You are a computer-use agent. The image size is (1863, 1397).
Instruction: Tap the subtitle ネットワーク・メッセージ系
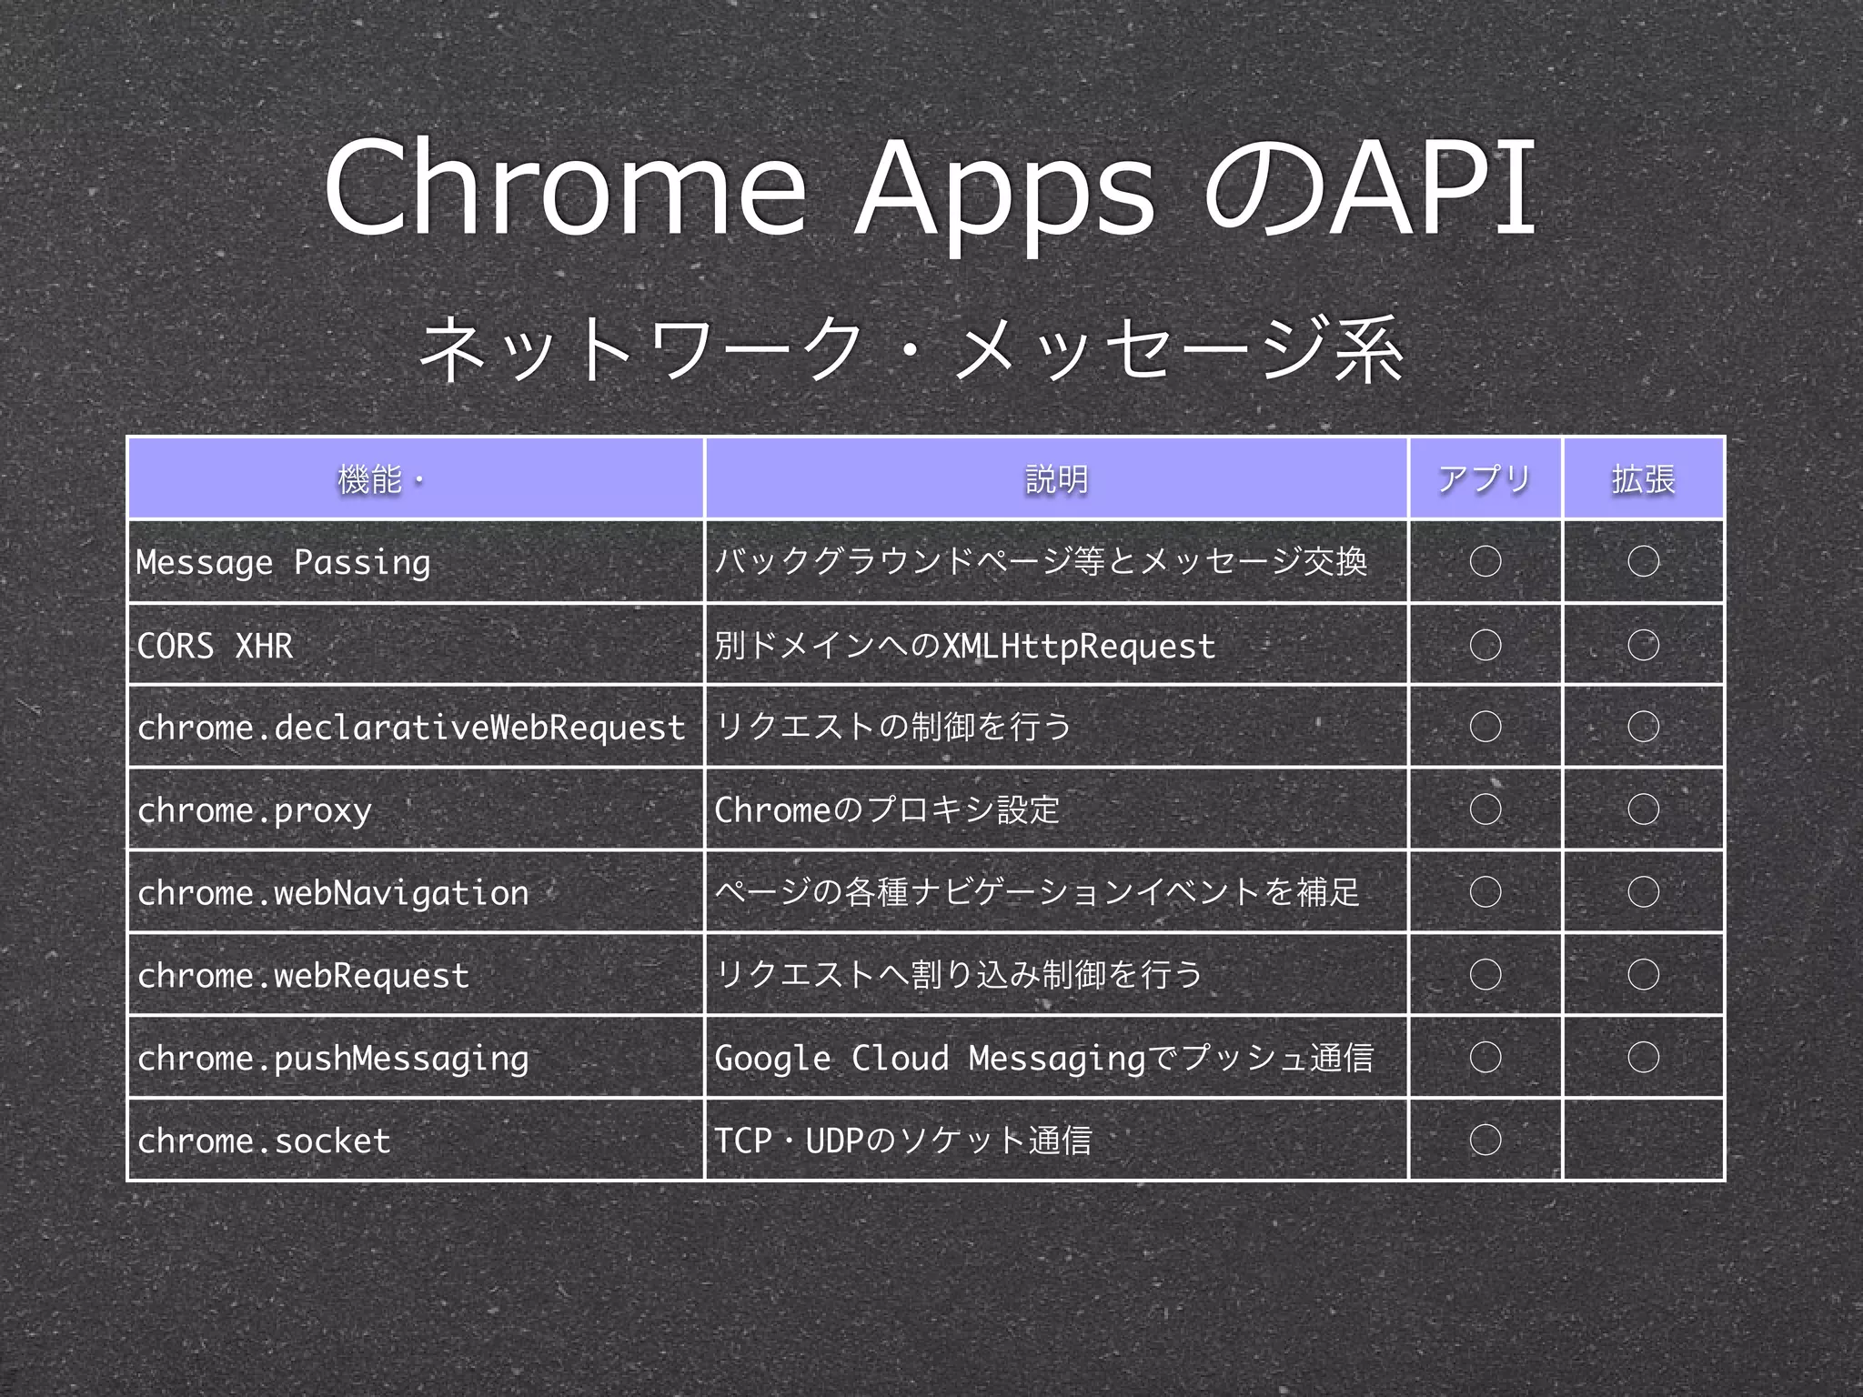click(911, 350)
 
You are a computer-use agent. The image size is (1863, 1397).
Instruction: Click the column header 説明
click(1056, 479)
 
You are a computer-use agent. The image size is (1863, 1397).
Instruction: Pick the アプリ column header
click(1485, 479)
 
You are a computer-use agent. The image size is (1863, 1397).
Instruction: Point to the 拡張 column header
click(1643, 479)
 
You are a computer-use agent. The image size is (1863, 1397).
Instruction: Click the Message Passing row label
click(283, 562)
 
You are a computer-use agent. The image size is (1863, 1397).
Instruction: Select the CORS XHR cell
click(215, 646)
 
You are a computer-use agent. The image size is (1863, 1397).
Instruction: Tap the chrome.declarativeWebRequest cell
click(411, 728)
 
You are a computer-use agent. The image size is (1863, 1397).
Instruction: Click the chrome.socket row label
click(264, 1141)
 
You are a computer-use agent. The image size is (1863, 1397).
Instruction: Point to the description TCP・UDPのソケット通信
click(902, 1141)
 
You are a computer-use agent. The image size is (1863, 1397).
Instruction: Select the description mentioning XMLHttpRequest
click(964, 646)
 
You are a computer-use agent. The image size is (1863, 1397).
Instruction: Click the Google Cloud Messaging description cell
click(1043, 1058)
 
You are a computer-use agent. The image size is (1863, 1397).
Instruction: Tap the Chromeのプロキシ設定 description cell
click(887, 809)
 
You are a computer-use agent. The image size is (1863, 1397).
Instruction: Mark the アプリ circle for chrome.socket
click(1485, 1140)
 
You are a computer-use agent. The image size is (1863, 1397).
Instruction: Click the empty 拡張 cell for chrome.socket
click(1643, 1140)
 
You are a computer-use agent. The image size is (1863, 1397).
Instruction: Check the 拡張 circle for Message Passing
click(1643, 561)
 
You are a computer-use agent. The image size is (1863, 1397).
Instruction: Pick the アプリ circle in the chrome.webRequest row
click(1485, 975)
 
